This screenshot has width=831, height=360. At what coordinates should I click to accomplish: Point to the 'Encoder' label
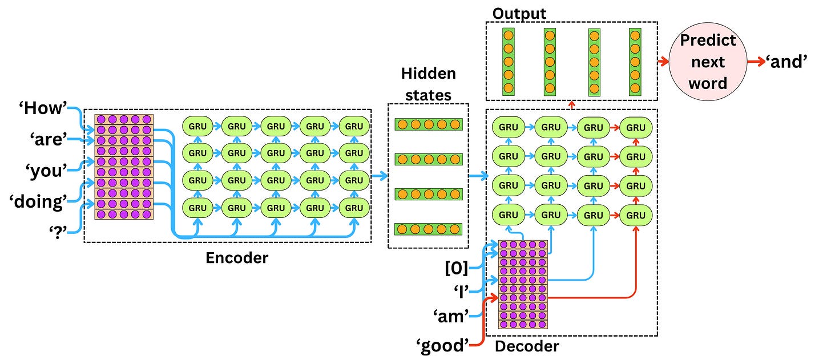click(x=236, y=258)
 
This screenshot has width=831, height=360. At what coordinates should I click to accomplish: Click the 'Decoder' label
click(x=527, y=346)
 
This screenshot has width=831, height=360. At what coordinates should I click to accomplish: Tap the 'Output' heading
click(x=519, y=13)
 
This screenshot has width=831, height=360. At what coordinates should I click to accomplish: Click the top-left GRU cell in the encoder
click(x=197, y=126)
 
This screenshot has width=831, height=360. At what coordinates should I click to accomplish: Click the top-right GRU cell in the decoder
click(x=636, y=127)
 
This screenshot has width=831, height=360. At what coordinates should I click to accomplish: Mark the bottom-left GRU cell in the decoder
click(x=509, y=215)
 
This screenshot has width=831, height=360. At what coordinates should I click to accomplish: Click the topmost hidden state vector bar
click(x=428, y=124)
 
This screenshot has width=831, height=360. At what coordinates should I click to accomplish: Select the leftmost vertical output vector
click(x=509, y=62)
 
